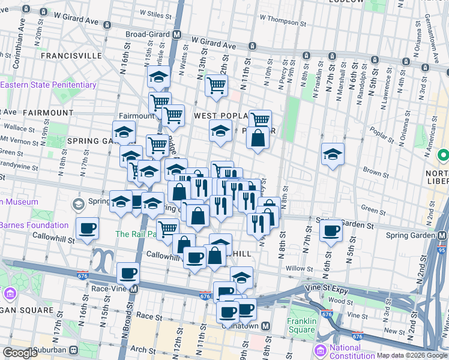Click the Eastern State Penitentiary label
pyautogui.click(x=48, y=85)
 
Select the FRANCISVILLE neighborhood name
pyautogui.click(x=71, y=55)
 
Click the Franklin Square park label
pyautogui.click(x=301, y=325)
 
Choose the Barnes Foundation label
pyautogui.click(x=34, y=226)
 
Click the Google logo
pyautogui.click(x=20, y=353)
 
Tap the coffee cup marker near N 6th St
pyautogui.click(x=331, y=230)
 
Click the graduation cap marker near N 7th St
pyautogui.click(x=333, y=154)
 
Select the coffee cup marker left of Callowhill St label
pyautogui.click(x=88, y=228)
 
